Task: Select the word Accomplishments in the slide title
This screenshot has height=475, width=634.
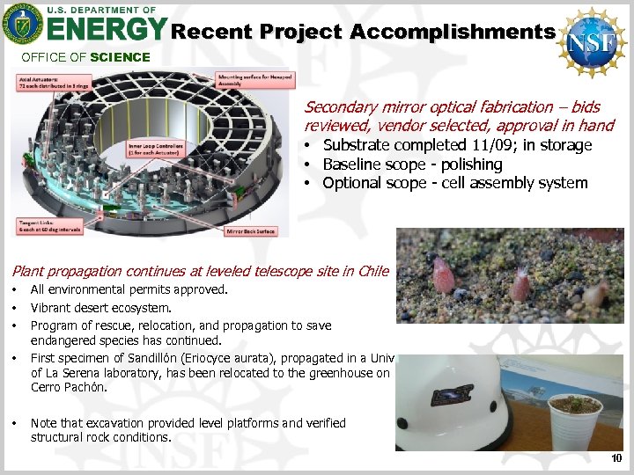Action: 452,32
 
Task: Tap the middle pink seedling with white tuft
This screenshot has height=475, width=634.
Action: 520,284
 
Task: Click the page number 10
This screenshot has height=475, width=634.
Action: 616,458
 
